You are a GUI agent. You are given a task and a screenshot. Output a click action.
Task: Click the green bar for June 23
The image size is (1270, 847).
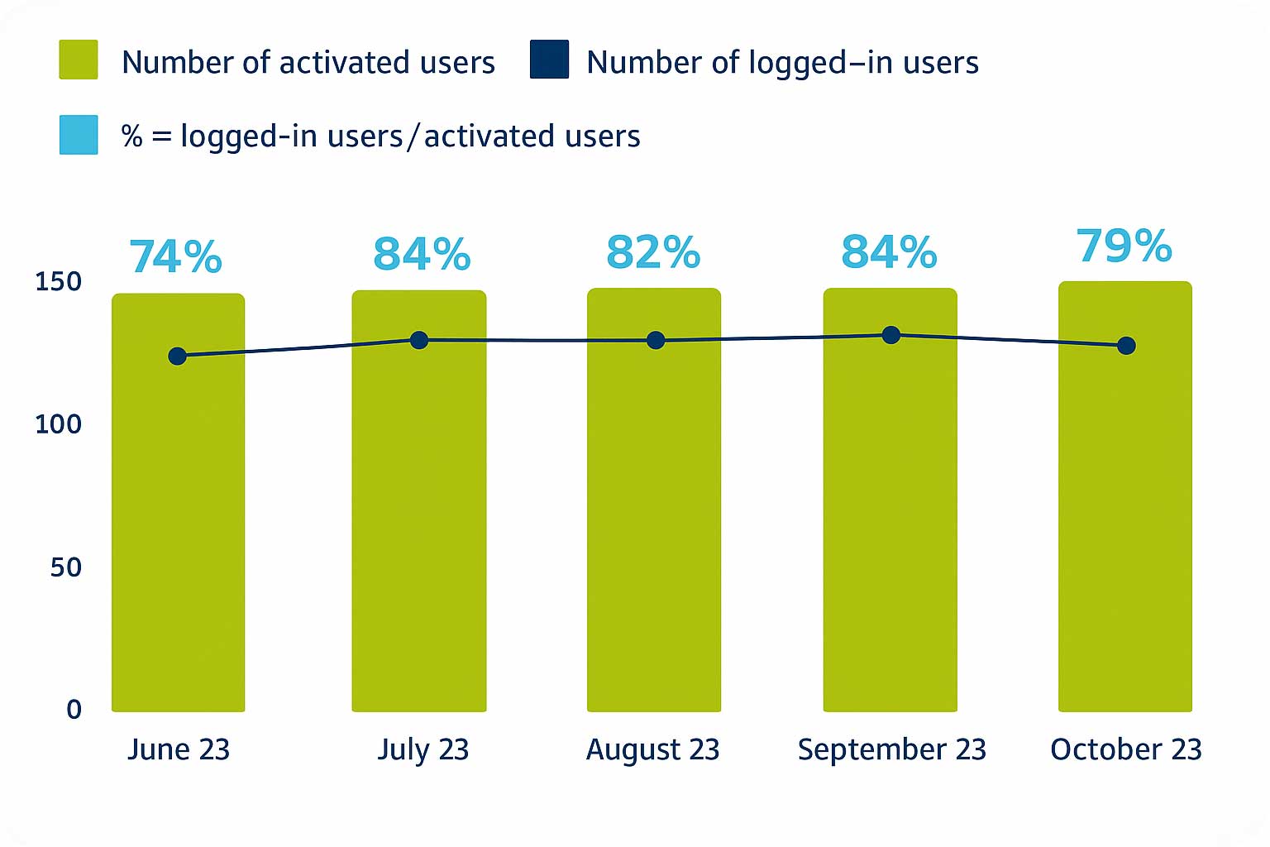click(x=178, y=529)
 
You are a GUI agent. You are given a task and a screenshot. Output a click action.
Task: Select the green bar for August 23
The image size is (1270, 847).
click(x=653, y=529)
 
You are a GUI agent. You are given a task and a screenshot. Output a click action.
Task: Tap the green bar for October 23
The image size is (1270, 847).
click(x=1124, y=529)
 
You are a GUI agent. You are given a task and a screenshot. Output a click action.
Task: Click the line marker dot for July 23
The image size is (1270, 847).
click(x=419, y=340)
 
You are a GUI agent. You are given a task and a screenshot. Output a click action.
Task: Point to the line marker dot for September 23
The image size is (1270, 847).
click(x=890, y=335)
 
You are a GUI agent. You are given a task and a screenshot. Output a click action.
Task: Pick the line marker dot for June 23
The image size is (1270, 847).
click(x=177, y=356)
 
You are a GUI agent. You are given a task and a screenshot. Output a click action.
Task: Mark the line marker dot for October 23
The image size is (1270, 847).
click(x=1126, y=346)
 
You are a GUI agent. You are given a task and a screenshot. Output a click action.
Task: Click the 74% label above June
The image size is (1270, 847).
click(x=176, y=256)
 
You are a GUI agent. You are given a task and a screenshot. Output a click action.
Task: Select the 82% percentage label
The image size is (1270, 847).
click(x=653, y=253)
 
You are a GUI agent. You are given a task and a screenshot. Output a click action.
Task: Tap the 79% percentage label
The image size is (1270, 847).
click(x=1124, y=246)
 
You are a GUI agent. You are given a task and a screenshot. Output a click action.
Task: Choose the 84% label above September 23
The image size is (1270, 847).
click(x=889, y=253)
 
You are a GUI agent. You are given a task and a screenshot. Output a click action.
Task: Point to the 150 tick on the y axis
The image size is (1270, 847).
click(x=58, y=282)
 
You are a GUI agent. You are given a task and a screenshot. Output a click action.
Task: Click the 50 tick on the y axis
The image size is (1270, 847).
click(x=65, y=567)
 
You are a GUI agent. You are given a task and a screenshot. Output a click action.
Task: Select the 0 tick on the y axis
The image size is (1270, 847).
click(x=74, y=710)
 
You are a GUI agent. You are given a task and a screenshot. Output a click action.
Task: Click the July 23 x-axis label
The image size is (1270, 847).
click(x=423, y=749)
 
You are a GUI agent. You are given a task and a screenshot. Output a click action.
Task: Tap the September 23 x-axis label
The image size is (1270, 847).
click(x=891, y=749)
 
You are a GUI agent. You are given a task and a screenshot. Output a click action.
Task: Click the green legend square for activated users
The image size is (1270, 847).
click(x=79, y=60)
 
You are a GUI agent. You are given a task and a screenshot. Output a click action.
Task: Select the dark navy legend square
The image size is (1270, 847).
click(x=549, y=60)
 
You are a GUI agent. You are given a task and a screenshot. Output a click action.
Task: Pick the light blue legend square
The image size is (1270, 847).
click(x=79, y=135)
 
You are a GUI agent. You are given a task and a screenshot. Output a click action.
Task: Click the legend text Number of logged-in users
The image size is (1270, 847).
click(x=782, y=63)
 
